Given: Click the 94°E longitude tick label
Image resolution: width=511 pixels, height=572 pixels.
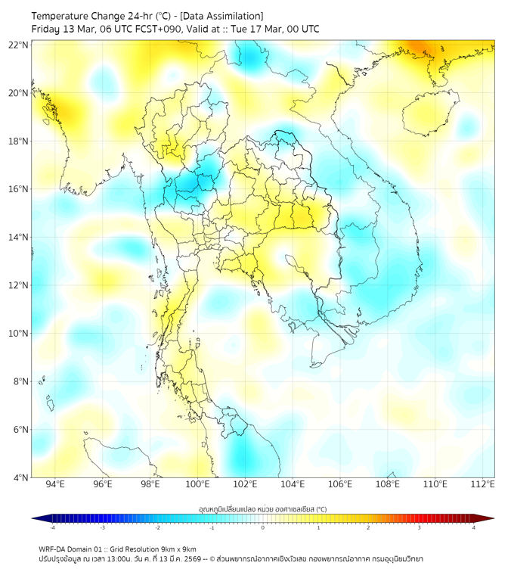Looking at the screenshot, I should [x=55, y=484].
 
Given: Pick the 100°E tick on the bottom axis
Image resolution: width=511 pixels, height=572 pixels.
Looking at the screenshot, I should [x=197, y=484].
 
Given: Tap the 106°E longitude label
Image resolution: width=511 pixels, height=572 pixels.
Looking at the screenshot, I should [x=340, y=484].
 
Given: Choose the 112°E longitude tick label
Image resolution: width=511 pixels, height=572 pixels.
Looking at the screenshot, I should [x=483, y=484].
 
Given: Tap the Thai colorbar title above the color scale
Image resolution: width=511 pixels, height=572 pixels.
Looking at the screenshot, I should [x=262, y=509].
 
